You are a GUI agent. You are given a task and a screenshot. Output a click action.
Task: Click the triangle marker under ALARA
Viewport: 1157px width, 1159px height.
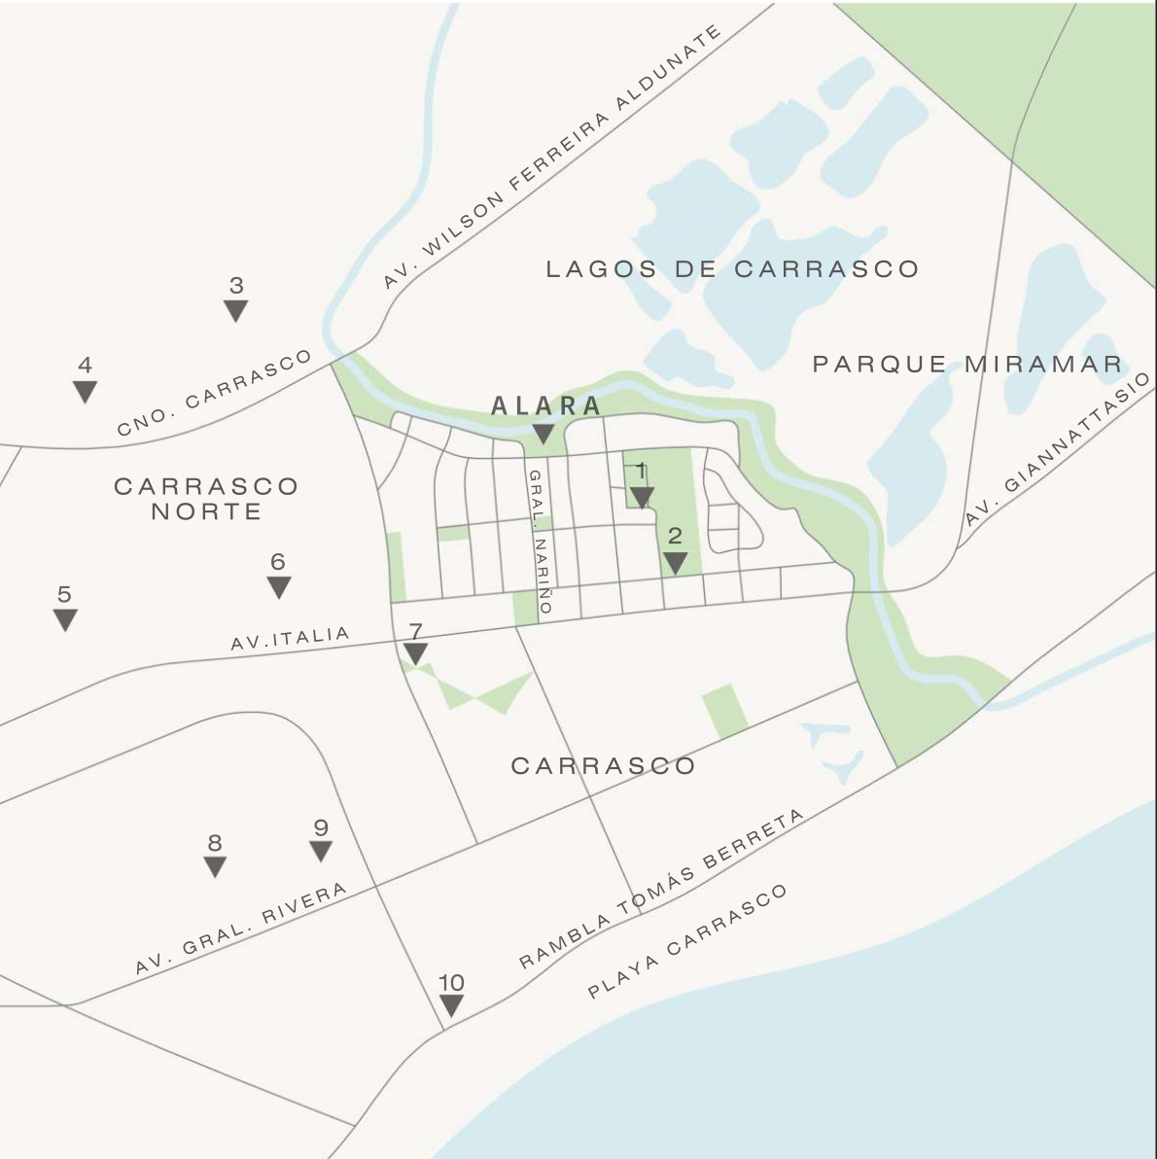[x=543, y=434]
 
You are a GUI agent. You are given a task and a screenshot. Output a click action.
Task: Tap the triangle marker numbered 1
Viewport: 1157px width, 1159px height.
[x=642, y=498]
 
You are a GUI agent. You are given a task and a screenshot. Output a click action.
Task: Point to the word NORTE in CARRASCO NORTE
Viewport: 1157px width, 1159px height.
[x=206, y=511]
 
